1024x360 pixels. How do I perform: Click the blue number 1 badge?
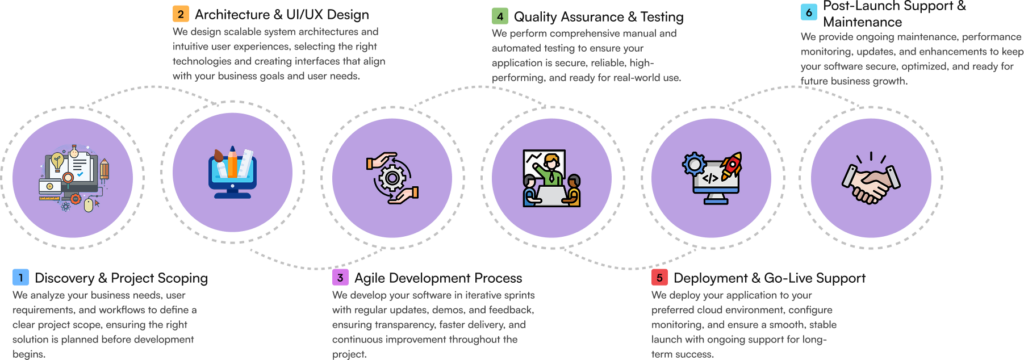tap(21, 277)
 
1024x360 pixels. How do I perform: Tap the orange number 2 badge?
tap(180, 14)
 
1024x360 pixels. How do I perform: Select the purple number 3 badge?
tap(340, 277)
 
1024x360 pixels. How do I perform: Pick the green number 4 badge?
tap(500, 15)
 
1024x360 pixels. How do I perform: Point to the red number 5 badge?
tap(659, 278)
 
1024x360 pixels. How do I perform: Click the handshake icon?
tap(865, 178)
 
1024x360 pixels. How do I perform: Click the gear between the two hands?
tap(392, 178)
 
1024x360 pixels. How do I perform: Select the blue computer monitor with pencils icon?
tap(232, 173)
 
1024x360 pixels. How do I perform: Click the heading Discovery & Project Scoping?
tap(121, 278)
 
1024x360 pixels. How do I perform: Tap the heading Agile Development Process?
tap(438, 278)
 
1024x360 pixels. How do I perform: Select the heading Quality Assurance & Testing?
tap(599, 16)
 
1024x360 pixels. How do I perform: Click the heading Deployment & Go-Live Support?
tap(770, 278)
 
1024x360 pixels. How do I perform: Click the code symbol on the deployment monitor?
tap(711, 177)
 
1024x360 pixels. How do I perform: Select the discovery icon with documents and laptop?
tap(72, 177)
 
